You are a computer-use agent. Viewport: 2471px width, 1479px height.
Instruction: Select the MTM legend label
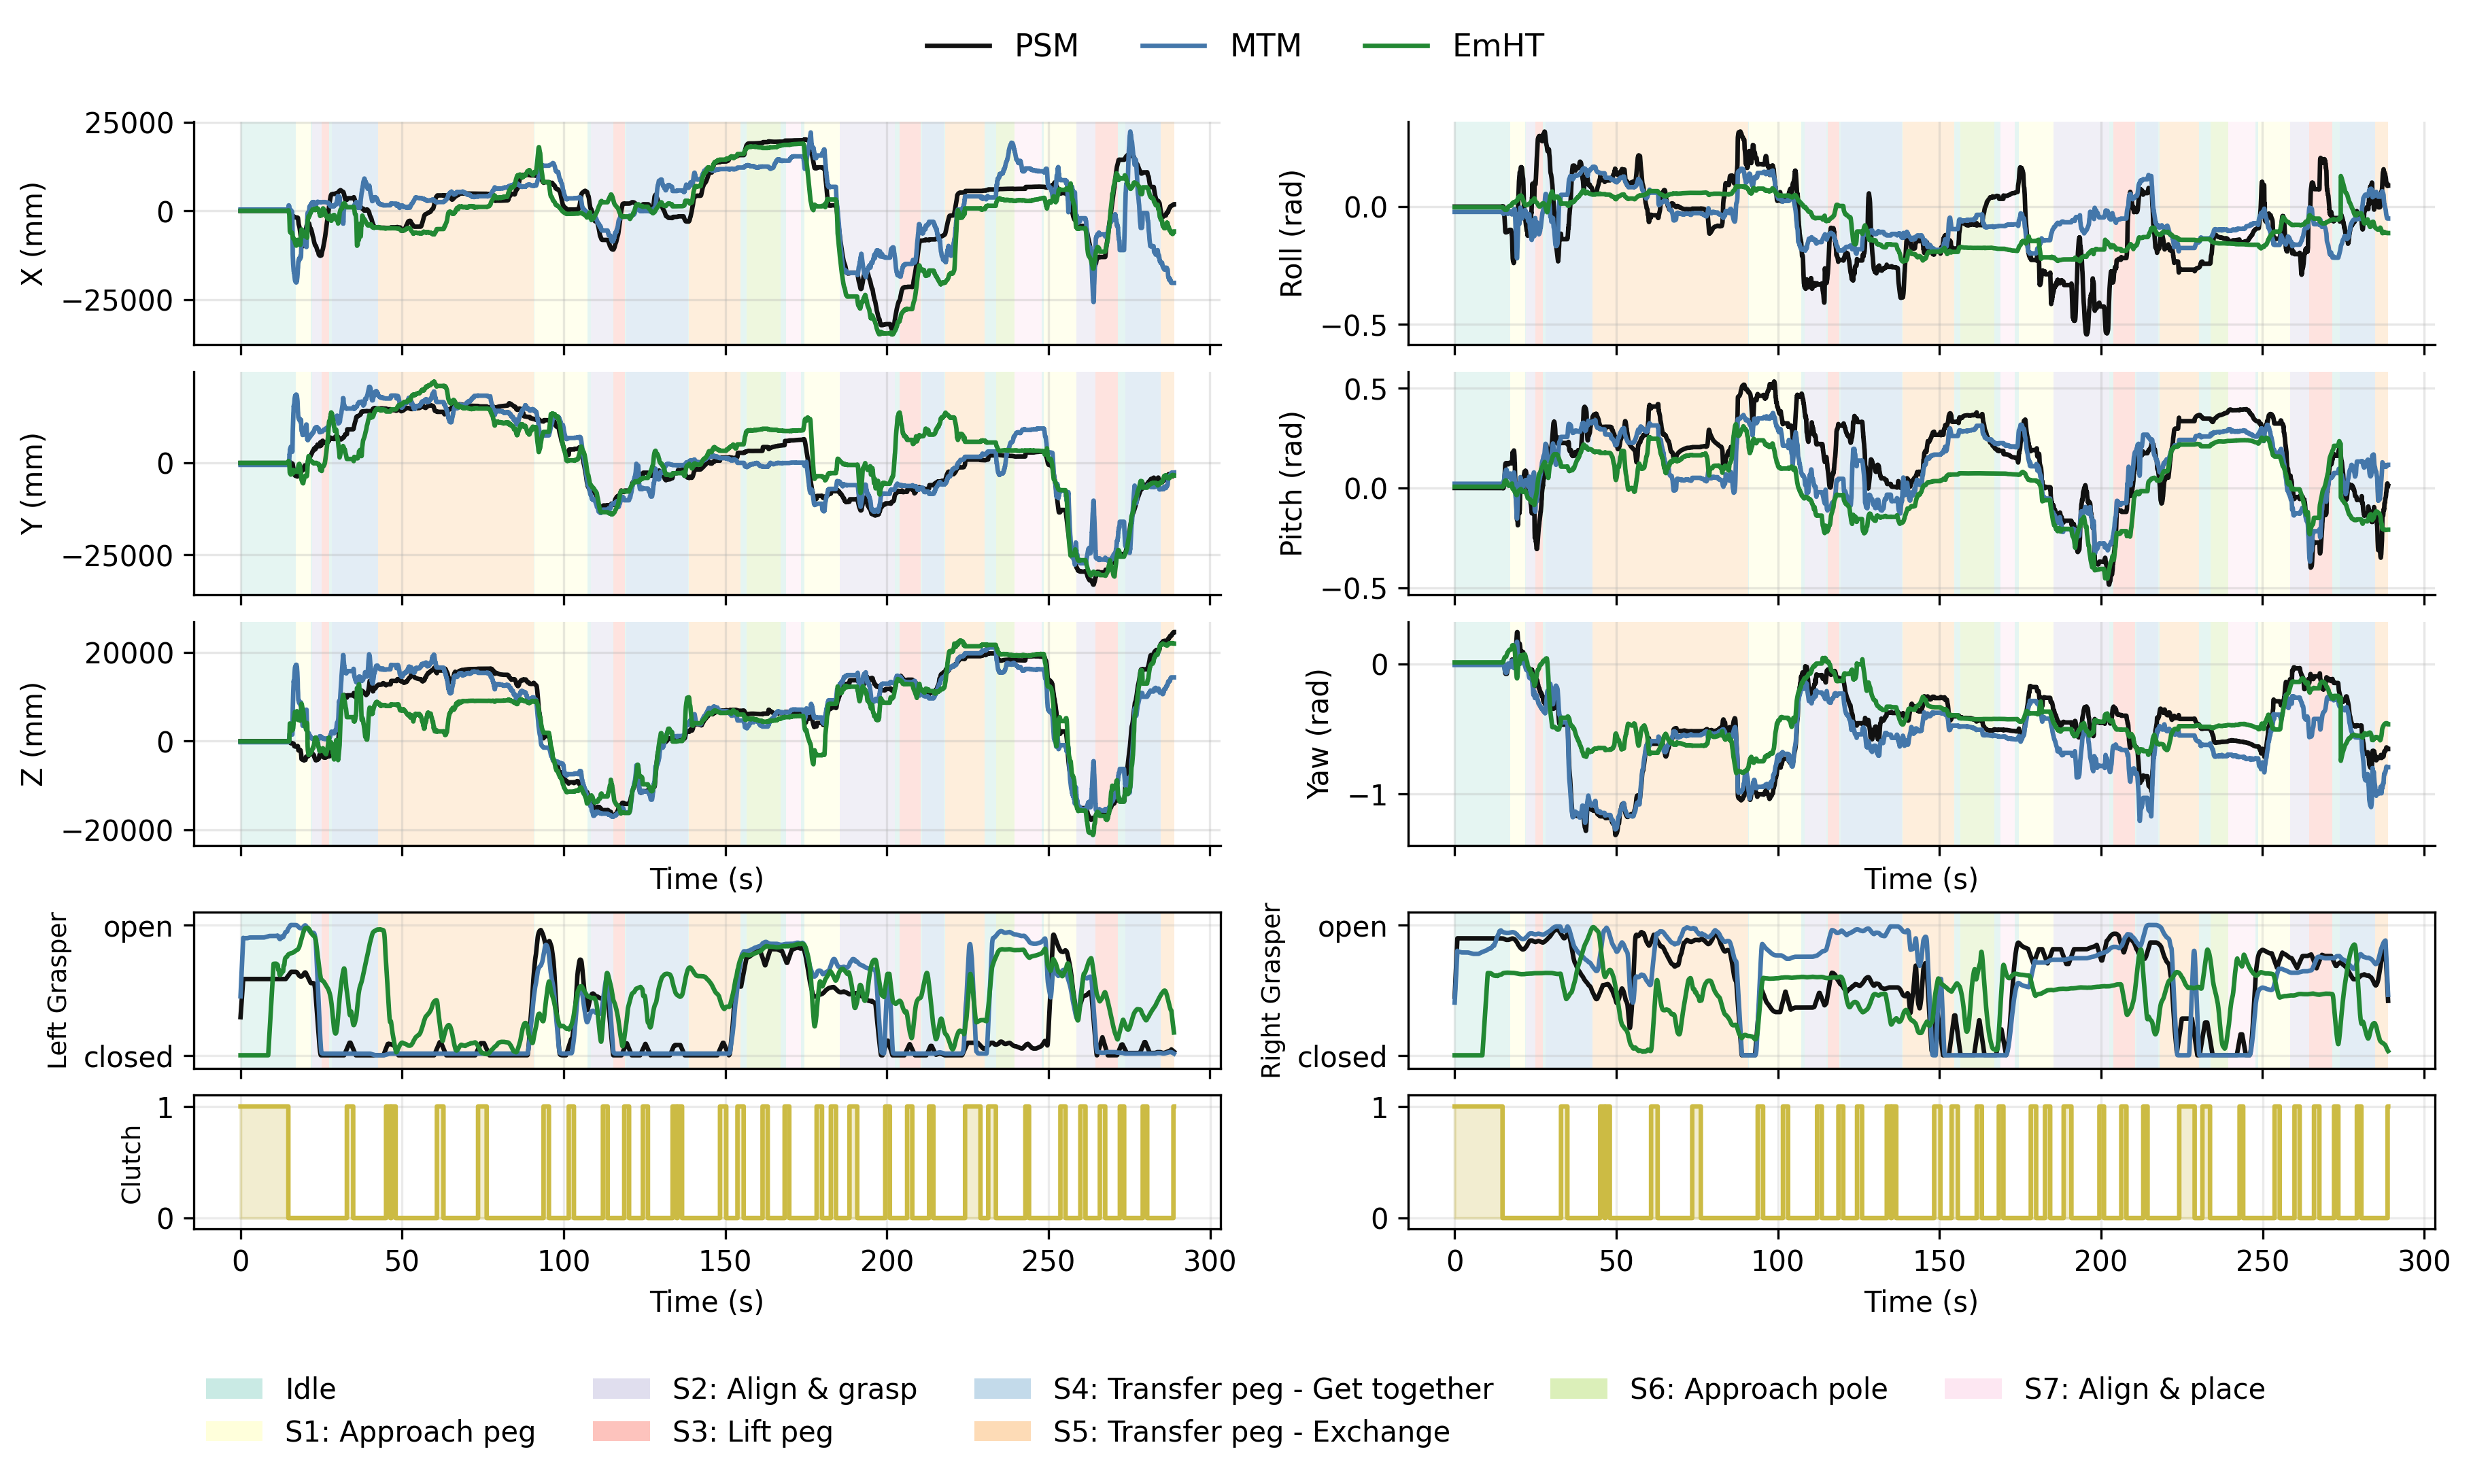[1264, 46]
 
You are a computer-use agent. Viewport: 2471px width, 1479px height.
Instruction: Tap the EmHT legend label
[1497, 46]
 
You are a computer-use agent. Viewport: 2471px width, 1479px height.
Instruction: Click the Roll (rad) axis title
[1291, 233]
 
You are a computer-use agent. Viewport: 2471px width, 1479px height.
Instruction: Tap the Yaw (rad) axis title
[1318, 733]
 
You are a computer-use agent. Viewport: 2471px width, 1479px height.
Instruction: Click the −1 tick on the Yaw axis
[1367, 795]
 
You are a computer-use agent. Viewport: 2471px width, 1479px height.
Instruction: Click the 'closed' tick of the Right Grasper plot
[1341, 1056]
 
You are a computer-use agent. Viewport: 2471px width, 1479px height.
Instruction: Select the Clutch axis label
[131, 1164]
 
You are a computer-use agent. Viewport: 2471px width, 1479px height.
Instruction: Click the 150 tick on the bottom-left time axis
[725, 1261]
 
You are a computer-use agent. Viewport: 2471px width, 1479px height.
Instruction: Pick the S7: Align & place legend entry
[2143, 1389]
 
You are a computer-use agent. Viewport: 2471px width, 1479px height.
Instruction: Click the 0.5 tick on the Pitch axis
[1365, 389]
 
